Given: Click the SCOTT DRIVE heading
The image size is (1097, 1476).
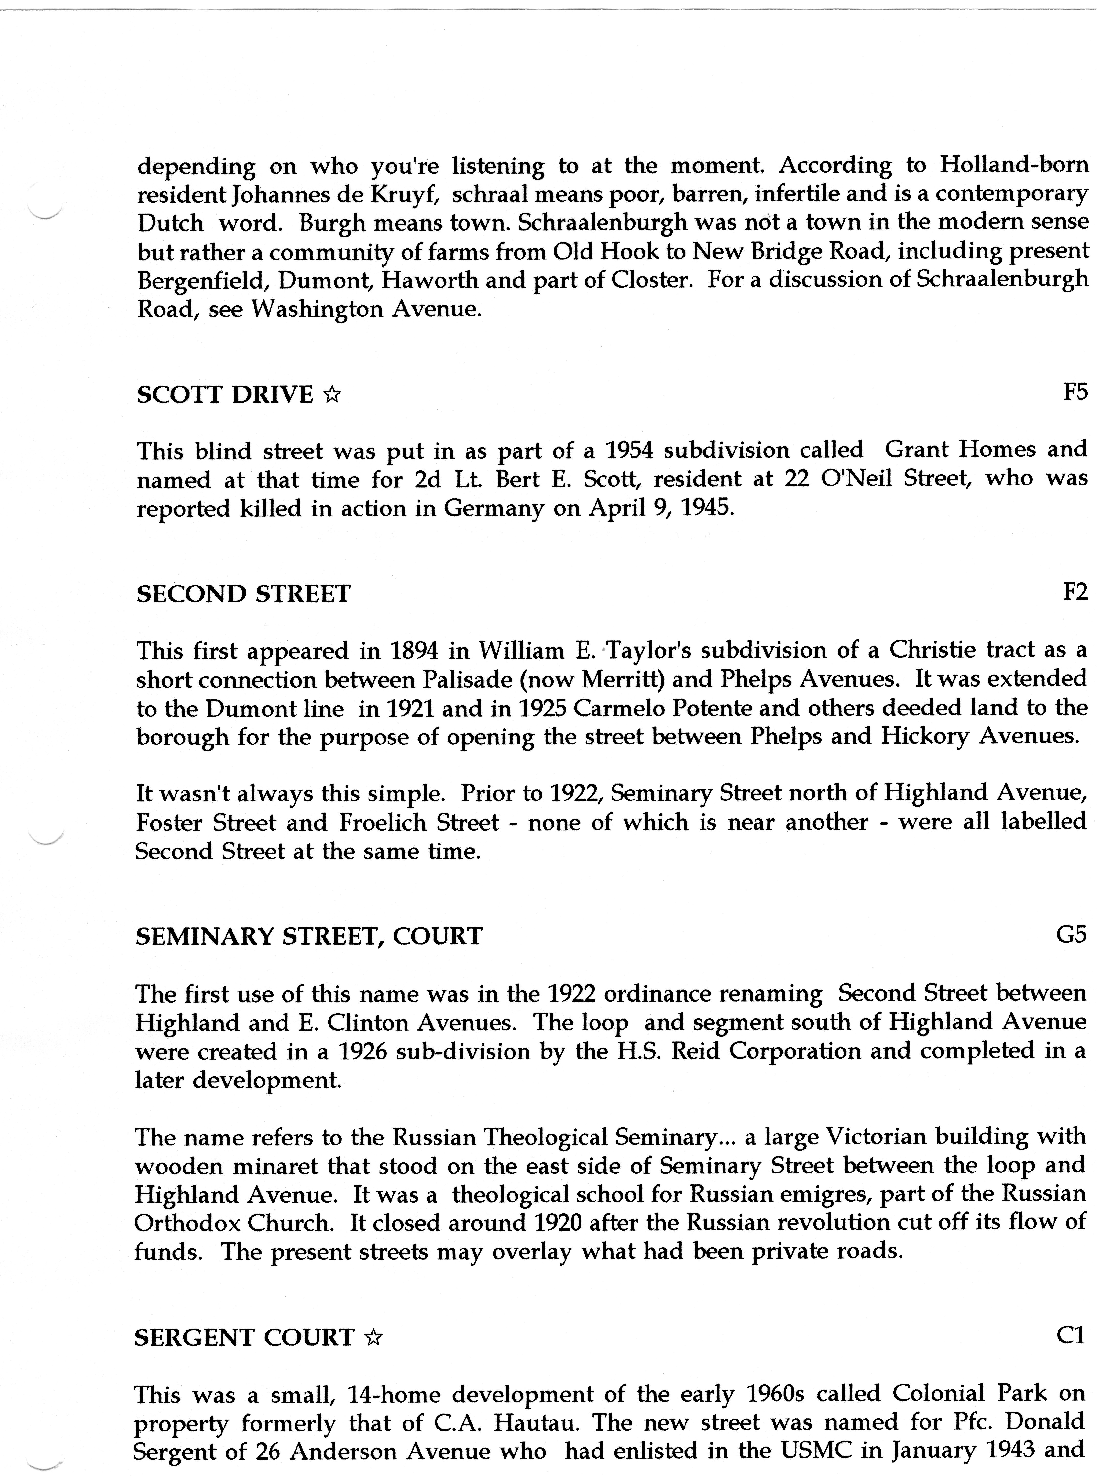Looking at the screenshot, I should (224, 395).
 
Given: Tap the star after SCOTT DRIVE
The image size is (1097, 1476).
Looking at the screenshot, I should (332, 396).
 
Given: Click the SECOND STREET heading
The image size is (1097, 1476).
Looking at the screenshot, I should (243, 594).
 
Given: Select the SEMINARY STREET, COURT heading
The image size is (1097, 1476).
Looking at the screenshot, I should (309, 937).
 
